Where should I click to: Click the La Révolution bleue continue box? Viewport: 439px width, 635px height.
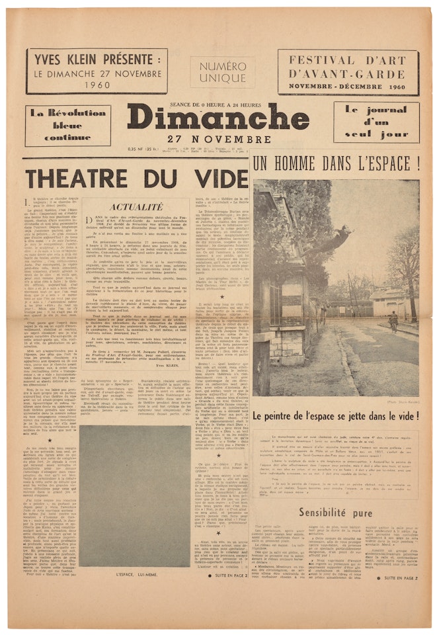click(68, 125)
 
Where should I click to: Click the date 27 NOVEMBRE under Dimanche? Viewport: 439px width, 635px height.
click(218, 140)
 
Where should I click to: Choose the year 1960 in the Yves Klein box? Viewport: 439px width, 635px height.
click(96, 85)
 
